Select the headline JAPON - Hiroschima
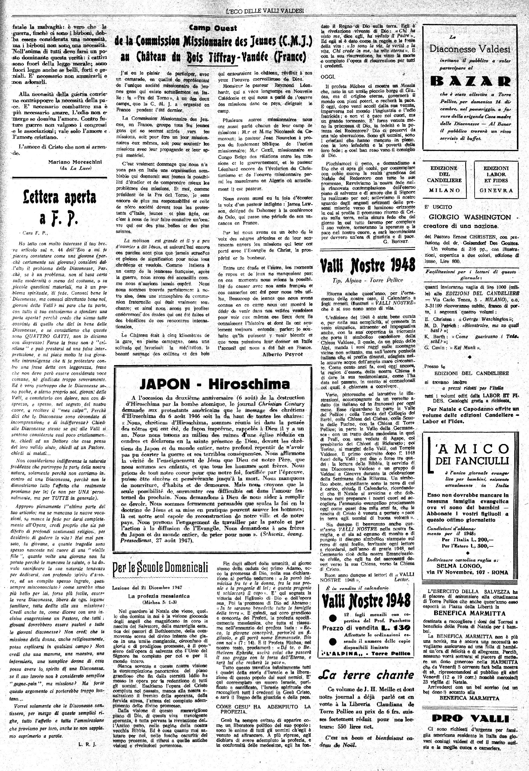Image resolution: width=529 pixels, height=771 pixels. tap(214, 384)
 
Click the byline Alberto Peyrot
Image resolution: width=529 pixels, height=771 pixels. tap(282, 354)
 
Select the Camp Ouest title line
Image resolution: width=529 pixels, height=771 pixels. tap(213, 28)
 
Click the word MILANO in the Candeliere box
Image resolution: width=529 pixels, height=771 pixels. tap(444, 190)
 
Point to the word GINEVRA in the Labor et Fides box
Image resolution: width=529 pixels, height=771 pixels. tap(496, 191)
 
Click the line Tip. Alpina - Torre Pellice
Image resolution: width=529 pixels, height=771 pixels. tap(367, 280)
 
